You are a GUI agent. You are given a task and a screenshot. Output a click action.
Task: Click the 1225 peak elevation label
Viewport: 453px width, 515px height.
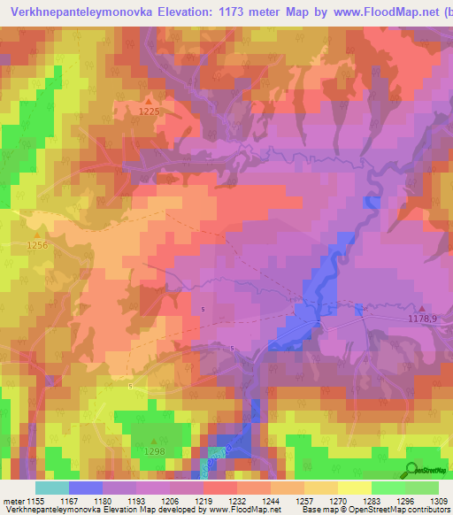click(150, 111)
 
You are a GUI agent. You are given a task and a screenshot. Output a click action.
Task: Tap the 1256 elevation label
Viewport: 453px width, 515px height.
click(38, 245)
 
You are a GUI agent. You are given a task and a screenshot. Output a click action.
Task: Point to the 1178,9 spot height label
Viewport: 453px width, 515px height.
click(423, 319)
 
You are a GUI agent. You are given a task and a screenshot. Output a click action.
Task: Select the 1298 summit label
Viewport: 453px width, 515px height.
click(155, 451)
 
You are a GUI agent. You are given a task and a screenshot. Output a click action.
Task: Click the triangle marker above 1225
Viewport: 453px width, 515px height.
click(149, 101)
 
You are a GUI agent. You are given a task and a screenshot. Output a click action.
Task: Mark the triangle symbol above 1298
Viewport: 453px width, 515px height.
click(155, 441)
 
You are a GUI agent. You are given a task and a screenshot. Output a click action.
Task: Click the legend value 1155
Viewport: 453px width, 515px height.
click(35, 501)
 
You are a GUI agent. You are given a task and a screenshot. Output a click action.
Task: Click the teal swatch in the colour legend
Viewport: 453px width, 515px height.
click(51, 488)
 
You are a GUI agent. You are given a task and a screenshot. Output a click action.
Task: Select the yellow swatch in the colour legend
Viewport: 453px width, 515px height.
click(354, 488)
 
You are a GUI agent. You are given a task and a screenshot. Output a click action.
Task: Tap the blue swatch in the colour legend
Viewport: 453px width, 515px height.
click(85, 488)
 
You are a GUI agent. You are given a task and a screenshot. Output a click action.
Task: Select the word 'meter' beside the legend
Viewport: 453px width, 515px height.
click(13, 501)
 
